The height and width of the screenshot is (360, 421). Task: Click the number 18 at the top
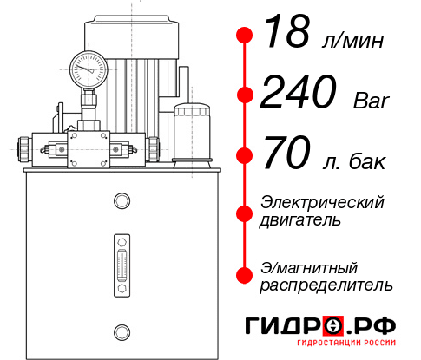click(x=288, y=35)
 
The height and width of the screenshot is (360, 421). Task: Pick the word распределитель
click(x=326, y=285)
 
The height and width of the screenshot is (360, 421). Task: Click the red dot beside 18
click(x=244, y=36)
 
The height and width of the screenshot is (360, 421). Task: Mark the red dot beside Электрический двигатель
click(x=244, y=212)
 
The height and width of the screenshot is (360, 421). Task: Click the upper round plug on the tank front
click(x=121, y=201)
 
